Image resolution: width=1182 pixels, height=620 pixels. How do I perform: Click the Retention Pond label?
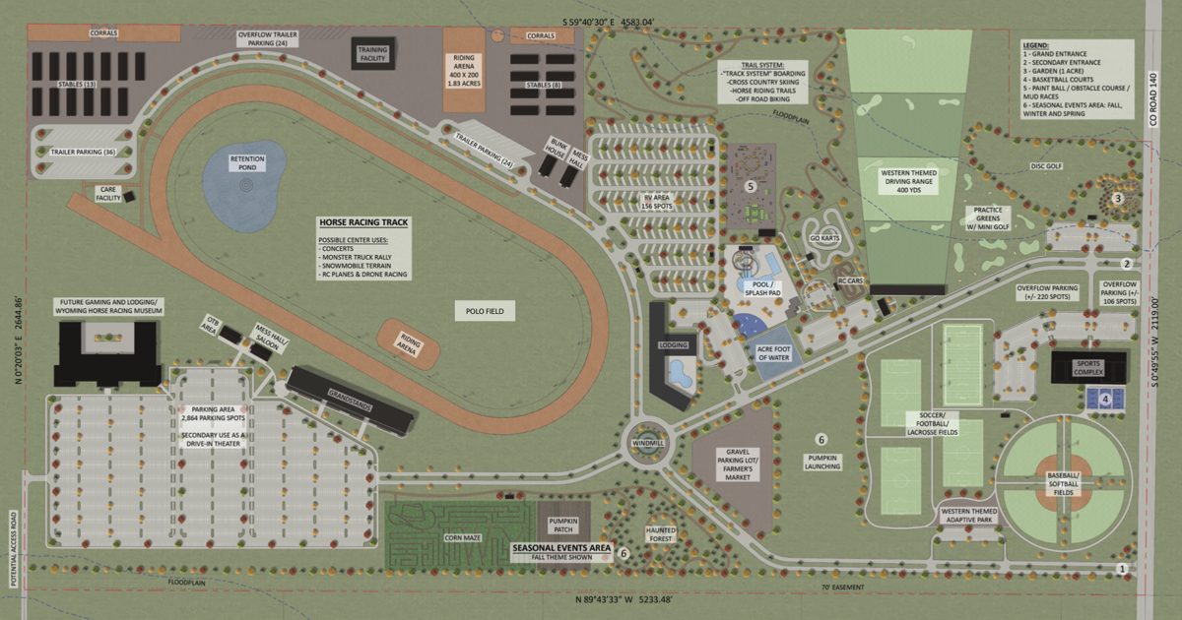coord(245,162)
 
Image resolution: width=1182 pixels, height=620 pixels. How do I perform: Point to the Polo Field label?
coord(485,311)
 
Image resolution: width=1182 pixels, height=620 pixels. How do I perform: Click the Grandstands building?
coord(350,404)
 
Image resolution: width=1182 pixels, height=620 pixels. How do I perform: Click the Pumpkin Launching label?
coord(821,460)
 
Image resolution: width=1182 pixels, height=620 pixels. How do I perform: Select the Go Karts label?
coord(823,237)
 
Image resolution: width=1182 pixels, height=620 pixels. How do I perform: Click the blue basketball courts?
coord(1104,399)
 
